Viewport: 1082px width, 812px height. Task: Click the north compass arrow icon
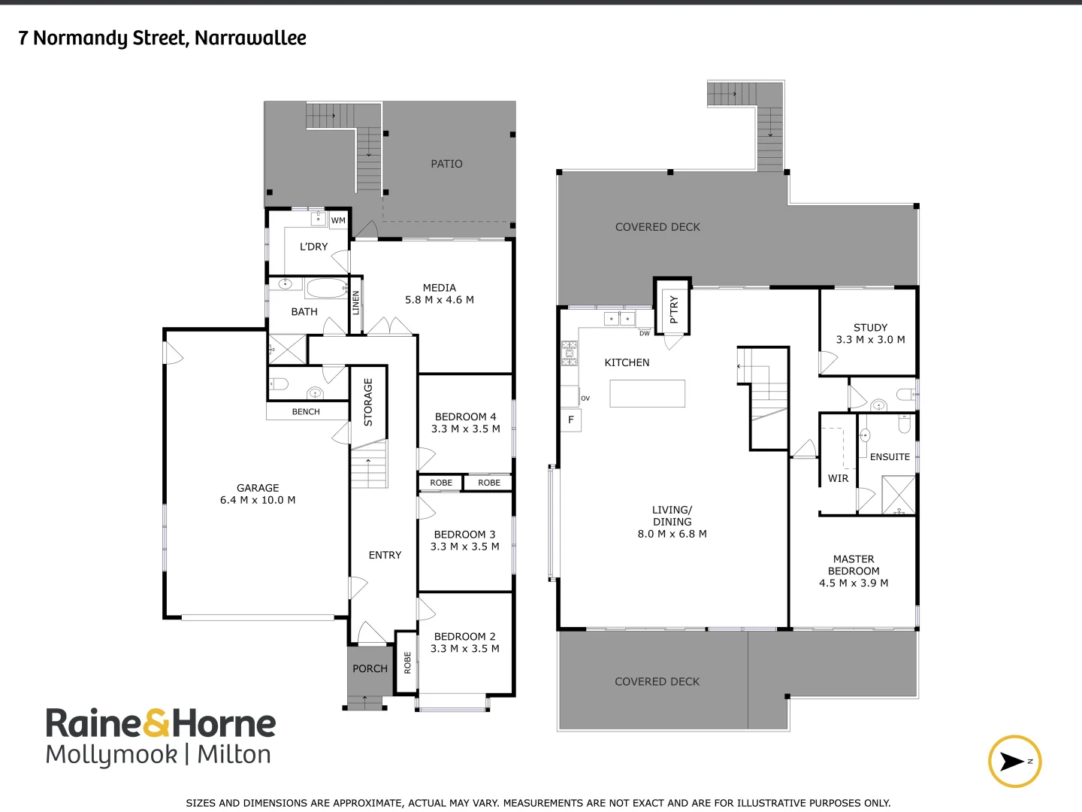[1014, 762]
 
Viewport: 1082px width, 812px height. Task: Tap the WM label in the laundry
[338, 220]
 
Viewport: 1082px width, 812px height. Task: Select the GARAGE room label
[258, 488]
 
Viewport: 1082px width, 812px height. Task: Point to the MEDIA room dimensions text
[440, 300]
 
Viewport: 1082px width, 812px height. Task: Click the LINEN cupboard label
[356, 302]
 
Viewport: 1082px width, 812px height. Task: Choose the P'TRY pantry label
[674, 309]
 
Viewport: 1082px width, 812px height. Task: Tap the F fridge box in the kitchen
[571, 420]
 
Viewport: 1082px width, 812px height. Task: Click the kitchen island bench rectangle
[647, 393]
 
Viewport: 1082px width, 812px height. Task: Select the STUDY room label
[870, 328]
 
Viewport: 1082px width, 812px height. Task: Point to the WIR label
[838, 478]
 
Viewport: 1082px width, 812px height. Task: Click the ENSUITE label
[890, 457]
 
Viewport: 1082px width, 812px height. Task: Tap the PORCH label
[370, 668]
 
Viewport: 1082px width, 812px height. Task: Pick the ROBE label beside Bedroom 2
[407, 662]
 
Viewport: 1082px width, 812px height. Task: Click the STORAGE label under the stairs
[368, 402]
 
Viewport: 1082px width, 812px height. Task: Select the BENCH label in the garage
[306, 412]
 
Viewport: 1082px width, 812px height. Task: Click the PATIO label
[446, 164]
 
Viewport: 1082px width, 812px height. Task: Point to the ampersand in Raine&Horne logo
[156, 723]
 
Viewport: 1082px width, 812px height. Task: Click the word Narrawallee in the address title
[250, 38]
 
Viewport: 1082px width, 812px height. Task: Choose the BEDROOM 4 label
[465, 417]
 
